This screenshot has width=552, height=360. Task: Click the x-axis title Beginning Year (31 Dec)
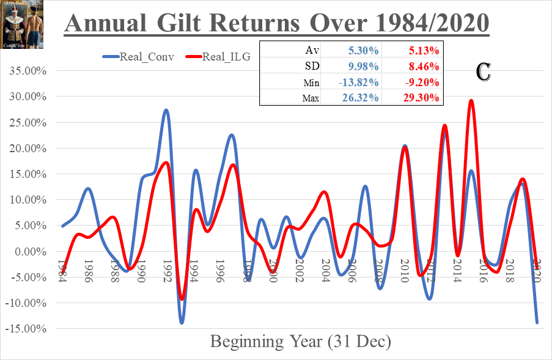pos(300,341)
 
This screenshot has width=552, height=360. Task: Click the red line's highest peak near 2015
pos(471,101)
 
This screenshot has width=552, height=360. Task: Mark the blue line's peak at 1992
pos(166,111)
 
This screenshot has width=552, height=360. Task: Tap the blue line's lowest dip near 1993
pos(182,322)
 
